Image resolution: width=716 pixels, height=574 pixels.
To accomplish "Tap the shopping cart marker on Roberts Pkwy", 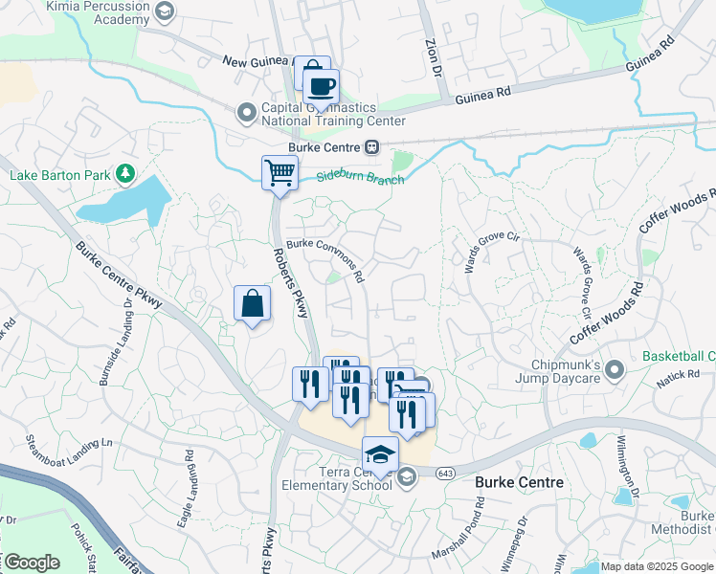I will click(280, 174).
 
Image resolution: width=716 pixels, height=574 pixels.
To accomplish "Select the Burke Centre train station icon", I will click(370, 147).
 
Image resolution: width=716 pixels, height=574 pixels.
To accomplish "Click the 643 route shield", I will click(445, 475).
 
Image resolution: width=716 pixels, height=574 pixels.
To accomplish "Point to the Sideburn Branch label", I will click(362, 179).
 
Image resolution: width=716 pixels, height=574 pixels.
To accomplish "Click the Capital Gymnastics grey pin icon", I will click(246, 114).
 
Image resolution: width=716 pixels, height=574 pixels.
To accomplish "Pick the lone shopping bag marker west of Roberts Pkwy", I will click(252, 304).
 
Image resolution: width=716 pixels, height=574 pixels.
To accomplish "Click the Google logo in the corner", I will click(31, 563).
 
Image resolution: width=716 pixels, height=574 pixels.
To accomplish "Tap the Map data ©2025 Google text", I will click(657, 566).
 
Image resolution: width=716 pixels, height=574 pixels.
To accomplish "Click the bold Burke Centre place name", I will click(519, 483).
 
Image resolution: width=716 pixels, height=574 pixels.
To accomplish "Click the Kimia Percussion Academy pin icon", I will click(165, 11).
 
